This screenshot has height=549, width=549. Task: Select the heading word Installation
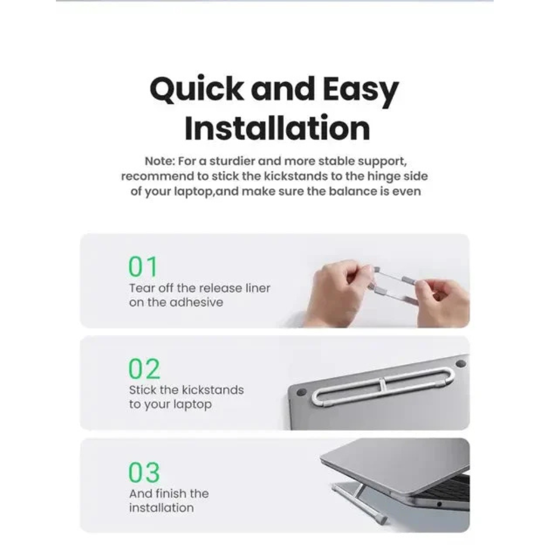click(277, 128)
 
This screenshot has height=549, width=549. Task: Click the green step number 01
click(143, 267)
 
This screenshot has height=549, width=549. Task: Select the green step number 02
click(144, 369)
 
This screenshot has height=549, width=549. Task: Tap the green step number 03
click(144, 472)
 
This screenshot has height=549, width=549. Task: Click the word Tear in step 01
click(142, 288)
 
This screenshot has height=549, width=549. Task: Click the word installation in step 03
click(161, 508)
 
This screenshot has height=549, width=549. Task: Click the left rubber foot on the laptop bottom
click(301, 393)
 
